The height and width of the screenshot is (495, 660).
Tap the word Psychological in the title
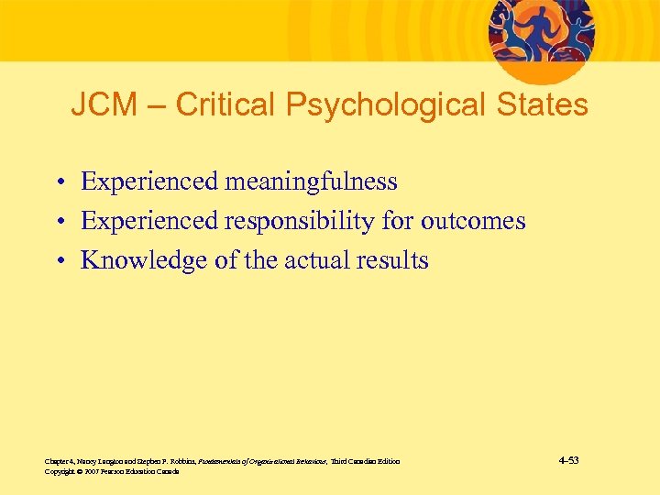coord(386,105)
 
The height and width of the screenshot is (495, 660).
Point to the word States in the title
coord(541,105)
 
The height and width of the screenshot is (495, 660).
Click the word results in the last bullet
coord(394,260)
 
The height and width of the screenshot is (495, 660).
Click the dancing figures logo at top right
coord(540,31)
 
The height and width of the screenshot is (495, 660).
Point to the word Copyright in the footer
coord(58,471)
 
